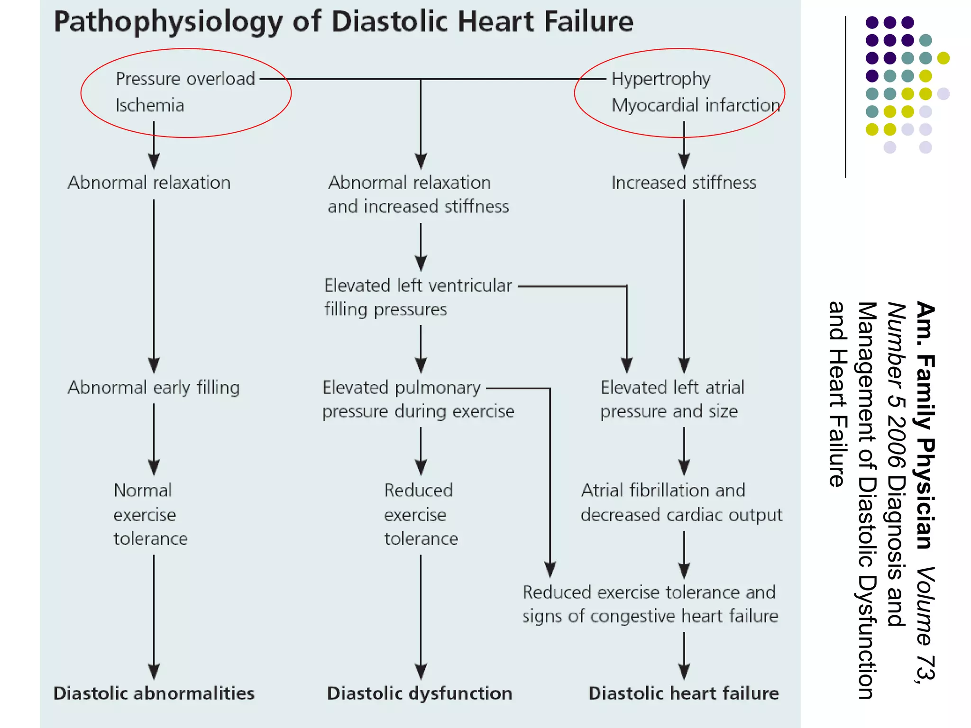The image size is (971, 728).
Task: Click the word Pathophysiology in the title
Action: (x=168, y=22)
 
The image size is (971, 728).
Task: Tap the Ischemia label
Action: (x=150, y=105)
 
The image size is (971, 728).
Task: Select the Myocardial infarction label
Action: (x=696, y=105)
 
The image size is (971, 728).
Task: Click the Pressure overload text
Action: (x=185, y=79)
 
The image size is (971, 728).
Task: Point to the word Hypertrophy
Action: (x=661, y=79)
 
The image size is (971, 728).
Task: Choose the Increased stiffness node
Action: (x=684, y=183)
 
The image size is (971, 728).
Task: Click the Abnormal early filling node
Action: (x=154, y=388)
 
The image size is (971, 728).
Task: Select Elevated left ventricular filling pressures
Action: (x=418, y=297)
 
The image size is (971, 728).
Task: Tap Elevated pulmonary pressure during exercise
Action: (x=418, y=400)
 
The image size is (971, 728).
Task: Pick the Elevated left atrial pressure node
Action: (x=672, y=400)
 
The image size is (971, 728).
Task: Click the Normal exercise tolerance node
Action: (x=150, y=514)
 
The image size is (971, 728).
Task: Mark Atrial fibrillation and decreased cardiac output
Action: (x=681, y=502)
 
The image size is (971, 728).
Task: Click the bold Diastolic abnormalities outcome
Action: (x=154, y=693)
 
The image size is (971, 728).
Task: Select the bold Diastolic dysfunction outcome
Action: (x=420, y=693)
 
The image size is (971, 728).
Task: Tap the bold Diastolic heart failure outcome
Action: (x=684, y=693)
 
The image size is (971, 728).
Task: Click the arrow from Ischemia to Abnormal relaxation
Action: (x=154, y=145)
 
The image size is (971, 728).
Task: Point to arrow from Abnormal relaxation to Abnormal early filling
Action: (x=154, y=284)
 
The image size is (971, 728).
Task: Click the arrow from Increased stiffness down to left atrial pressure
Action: (x=684, y=284)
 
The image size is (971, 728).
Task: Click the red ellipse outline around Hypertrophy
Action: (x=679, y=49)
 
